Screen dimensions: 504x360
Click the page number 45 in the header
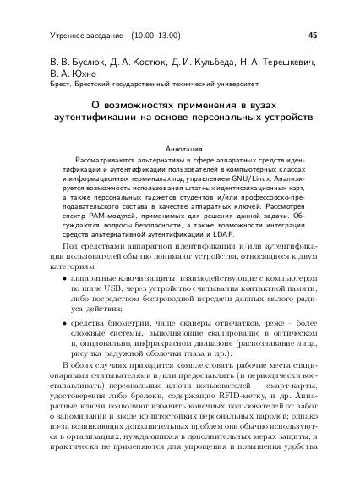click(x=313, y=36)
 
